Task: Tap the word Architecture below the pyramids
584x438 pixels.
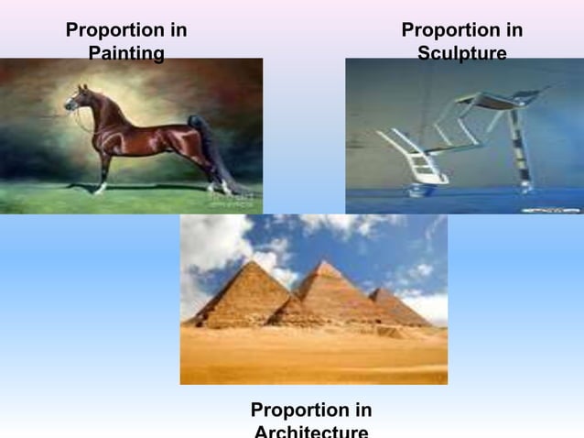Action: (310, 431)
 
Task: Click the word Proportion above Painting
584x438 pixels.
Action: (126, 30)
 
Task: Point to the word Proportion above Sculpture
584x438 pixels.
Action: (461, 30)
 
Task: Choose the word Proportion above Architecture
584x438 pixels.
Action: (310, 410)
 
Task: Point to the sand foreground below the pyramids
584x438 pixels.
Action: (311, 357)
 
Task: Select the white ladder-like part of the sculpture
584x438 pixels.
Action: (407, 156)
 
